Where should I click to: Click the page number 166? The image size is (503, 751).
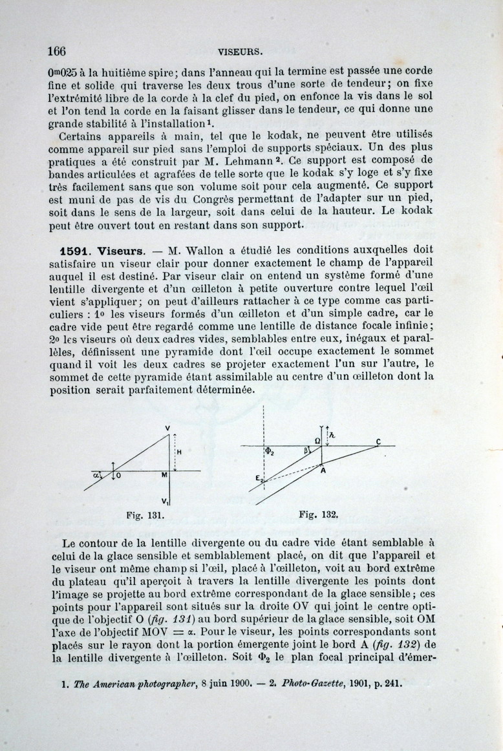coord(58,50)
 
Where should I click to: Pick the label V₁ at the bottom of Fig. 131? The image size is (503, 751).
coord(166,501)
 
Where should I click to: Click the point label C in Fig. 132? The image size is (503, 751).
coord(378,441)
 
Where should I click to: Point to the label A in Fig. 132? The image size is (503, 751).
coord(321,471)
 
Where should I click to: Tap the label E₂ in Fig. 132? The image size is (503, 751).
coord(257,479)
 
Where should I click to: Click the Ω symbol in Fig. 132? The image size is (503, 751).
coord(317,441)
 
